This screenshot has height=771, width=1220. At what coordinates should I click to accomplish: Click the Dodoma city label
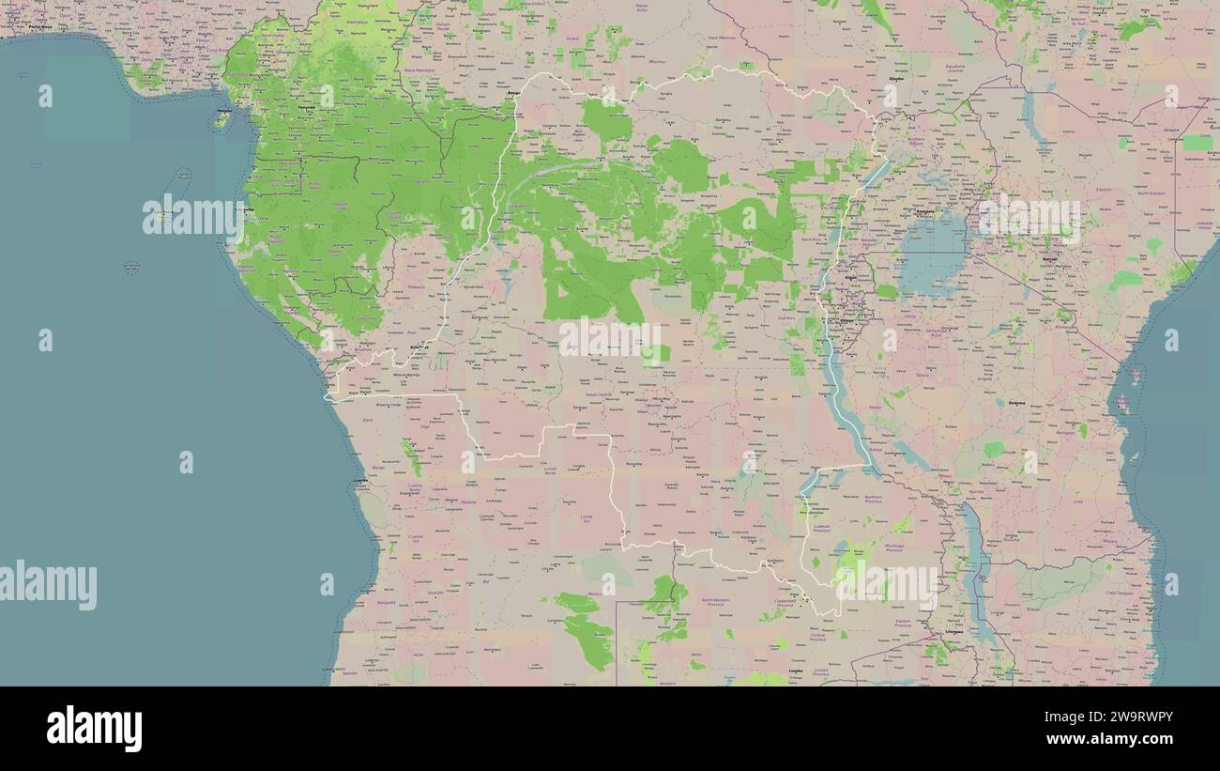tap(1015, 403)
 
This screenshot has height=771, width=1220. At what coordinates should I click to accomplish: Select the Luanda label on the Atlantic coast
tap(360, 480)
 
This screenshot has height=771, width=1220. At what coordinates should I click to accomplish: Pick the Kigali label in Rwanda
tap(851, 278)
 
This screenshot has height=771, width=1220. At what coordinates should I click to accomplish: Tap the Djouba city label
tap(896, 79)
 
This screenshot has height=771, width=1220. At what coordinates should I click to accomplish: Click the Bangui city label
tap(512, 93)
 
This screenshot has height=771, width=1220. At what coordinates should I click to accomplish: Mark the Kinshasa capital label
tap(419, 347)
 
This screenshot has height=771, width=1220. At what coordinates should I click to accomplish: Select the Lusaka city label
tap(797, 671)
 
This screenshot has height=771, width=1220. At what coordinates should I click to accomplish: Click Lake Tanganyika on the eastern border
tap(839, 394)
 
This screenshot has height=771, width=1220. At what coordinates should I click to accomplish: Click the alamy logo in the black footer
tap(94, 729)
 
